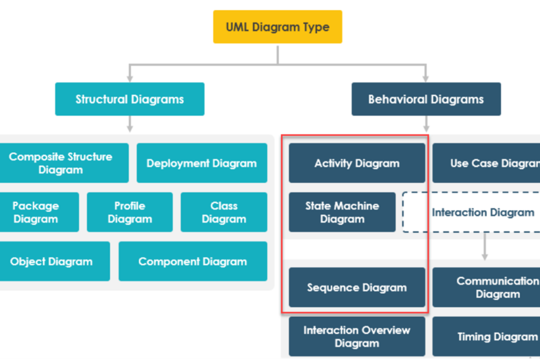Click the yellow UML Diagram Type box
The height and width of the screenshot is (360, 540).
pyautogui.click(x=278, y=27)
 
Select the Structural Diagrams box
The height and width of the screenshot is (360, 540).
pyautogui.click(x=129, y=99)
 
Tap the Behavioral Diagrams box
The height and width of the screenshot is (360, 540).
pyautogui.click(x=426, y=99)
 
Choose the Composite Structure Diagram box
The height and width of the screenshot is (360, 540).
pyautogui.click(x=61, y=163)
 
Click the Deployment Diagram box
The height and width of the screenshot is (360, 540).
pyautogui.click(x=201, y=163)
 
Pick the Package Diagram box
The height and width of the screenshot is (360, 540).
pyautogui.click(x=35, y=213)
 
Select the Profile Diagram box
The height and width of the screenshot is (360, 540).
pyautogui.click(x=129, y=213)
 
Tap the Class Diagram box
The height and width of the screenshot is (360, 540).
pyautogui.click(x=224, y=213)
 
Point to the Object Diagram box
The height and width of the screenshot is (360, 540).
pyautogui.click(x=51, y=261)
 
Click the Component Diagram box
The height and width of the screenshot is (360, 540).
pyautogui.click(x=193, y=261)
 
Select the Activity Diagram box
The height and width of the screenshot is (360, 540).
pyautogui.click(x=357, y=163)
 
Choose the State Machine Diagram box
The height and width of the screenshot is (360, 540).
pyautogui.click(x=342, y=213)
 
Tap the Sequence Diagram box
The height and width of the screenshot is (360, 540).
pyautogui.click(x=357, y=287)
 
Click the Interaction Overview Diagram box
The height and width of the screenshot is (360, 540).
pyautogui.click(x=357, y=336)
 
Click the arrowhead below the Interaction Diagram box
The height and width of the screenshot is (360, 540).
pyautogui.click(x=484, y=256)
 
